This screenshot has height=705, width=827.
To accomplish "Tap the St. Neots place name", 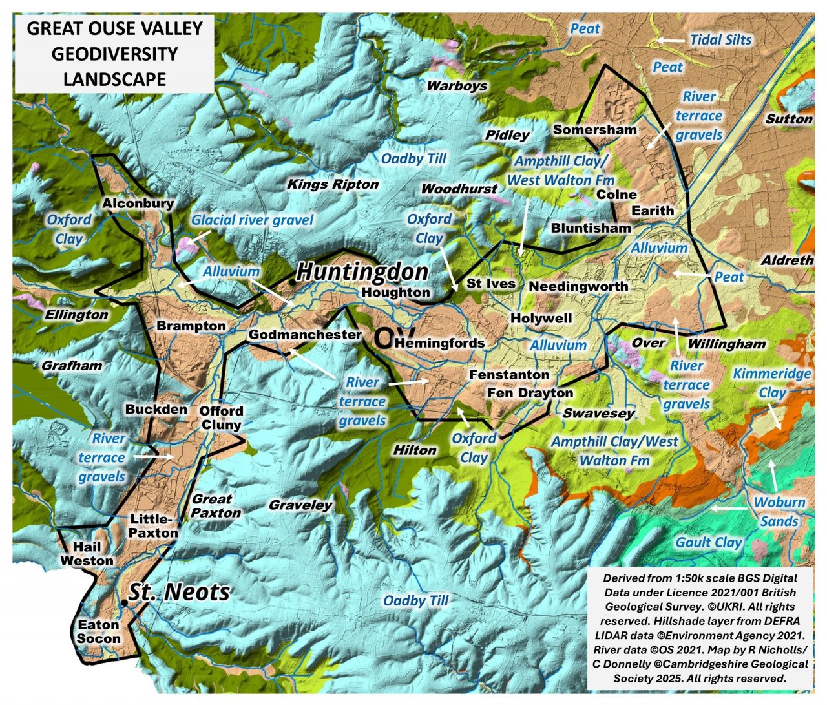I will click(x=179, y=592).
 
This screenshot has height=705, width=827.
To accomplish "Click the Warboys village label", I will click(x=457, y=85).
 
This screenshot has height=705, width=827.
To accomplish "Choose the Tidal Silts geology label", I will click(x=720, y=39).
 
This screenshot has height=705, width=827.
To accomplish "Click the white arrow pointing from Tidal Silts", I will click(x=671, y=40).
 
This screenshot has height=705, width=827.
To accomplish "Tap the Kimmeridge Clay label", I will click(x=772, y=383).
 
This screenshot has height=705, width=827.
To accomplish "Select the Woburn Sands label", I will click(x=779, y=511).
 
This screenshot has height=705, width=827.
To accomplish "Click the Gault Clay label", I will click(x=708, y=542).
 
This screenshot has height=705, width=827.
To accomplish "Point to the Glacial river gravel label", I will click(x=252, y=220).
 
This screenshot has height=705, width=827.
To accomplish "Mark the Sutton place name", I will click(x=788, y=119).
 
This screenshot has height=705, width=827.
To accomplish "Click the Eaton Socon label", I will click(x=99, y=632).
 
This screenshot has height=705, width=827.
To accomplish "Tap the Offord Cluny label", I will click(x=221, y=417).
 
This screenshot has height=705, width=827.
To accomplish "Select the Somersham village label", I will click(x=594, y=130).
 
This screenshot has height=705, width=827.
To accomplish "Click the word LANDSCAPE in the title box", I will click(x=114, y=79).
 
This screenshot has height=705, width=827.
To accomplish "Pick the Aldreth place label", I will click(x=787, y=260).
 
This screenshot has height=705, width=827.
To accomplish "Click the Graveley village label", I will click(x=300, y=505).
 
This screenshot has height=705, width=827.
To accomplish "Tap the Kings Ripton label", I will click(x=333, y=184).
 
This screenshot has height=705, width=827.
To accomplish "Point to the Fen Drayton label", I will click(x=530, y=392).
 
